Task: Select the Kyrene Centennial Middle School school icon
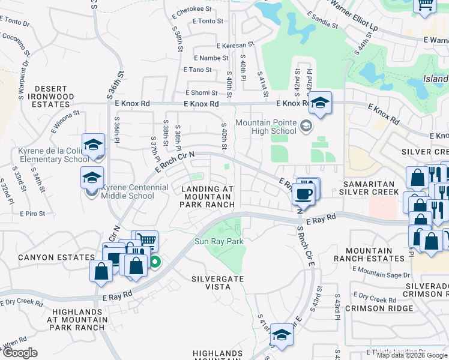(92, 178)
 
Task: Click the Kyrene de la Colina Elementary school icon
(94, 145)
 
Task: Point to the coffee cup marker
(304, 193)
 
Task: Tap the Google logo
(20, 353)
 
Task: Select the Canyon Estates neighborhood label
(48, 257)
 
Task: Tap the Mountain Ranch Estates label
(376, 254)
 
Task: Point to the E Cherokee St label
(191, 10)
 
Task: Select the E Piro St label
(32, 213)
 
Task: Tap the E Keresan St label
(236, 45)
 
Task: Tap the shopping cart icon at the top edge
(424, 5)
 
